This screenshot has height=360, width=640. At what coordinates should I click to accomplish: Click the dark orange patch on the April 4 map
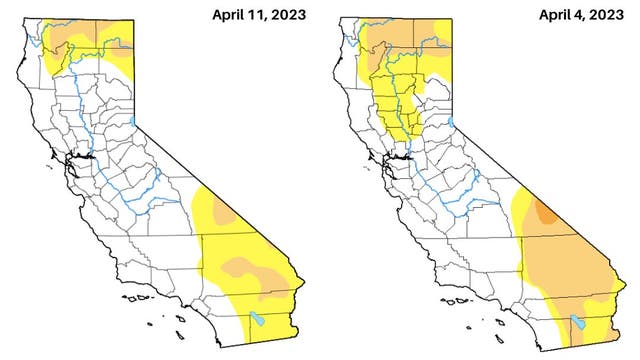(x=545, y=211)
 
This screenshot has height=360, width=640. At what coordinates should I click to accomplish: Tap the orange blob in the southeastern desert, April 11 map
(x=246, y=268)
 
